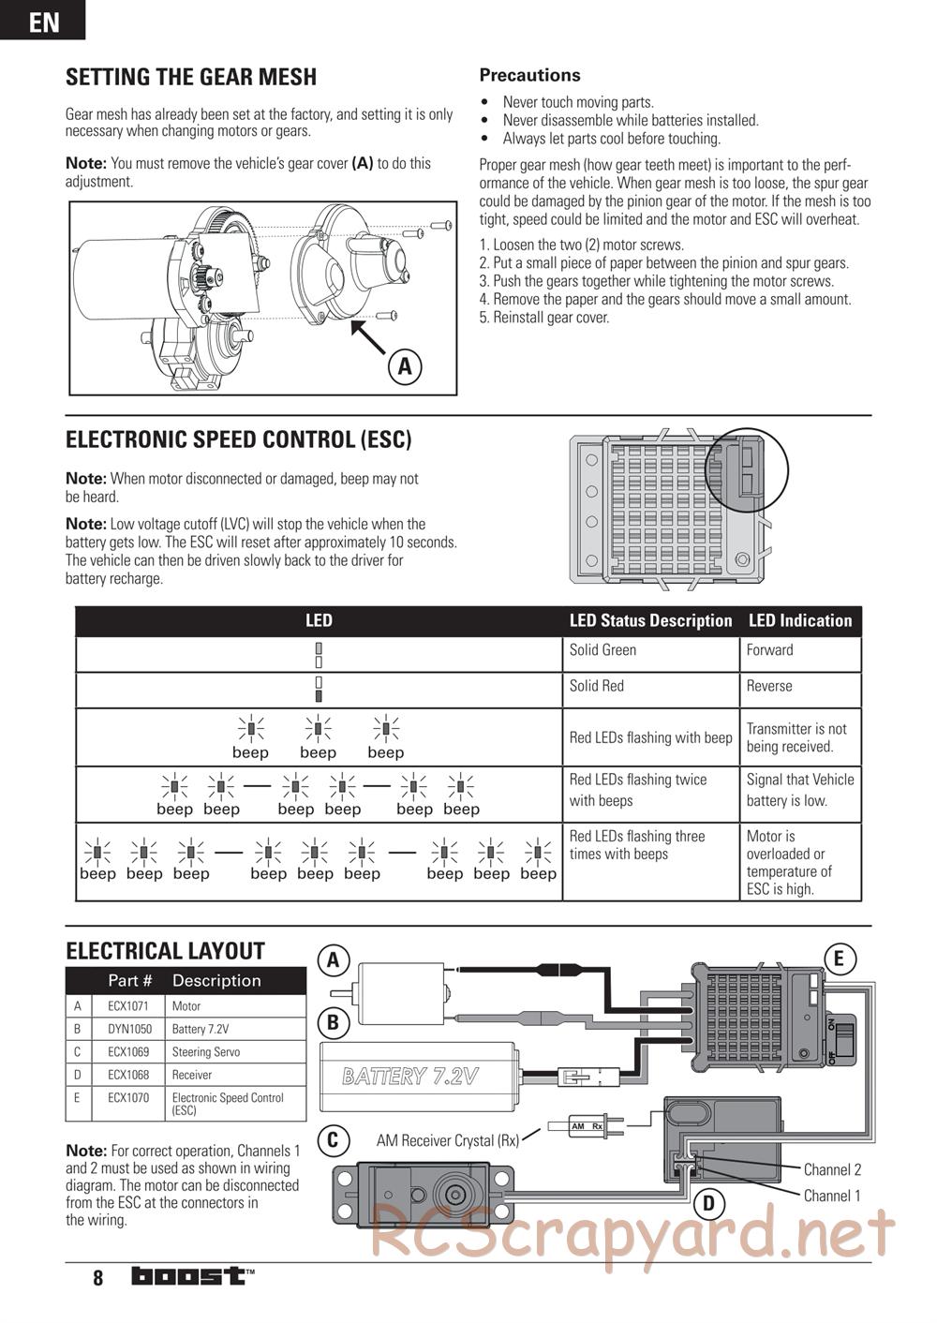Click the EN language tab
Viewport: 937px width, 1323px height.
coord(43,21)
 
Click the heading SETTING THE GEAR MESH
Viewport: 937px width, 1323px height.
coord(191,77)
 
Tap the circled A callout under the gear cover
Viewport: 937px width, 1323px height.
coord(405,365)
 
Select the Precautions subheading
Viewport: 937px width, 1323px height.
coord(529,75)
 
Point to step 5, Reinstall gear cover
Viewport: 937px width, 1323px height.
coord(544,318)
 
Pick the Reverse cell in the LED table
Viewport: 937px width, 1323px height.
coord(769,686)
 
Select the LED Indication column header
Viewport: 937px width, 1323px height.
coord(799,620)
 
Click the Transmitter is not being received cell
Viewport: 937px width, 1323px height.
coord(796,737)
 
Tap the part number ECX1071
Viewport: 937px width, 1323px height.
coord(128,1006)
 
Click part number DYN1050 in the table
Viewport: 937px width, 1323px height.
coord(129,1029)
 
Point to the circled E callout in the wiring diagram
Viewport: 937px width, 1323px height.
coord(839,959)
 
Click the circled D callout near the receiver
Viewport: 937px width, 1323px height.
coord(708,1204)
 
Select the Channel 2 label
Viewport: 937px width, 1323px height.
coord(832,1169)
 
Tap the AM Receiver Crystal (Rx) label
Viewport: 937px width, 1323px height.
coord(448,1140)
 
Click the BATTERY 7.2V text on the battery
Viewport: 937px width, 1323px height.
coord(410,1076)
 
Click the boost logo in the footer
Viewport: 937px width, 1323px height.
coord(192,1276)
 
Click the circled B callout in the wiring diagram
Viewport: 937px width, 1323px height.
coord(334,1020)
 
